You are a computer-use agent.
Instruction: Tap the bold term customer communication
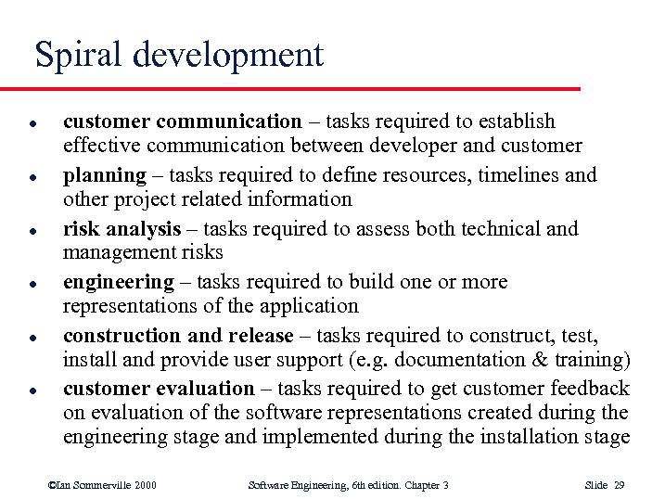[182, 121]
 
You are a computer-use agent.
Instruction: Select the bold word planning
[104, 174]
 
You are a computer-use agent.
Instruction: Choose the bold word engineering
[118, 282]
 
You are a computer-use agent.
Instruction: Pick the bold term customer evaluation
[159, 389]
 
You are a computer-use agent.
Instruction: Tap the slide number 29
[621, 484]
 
